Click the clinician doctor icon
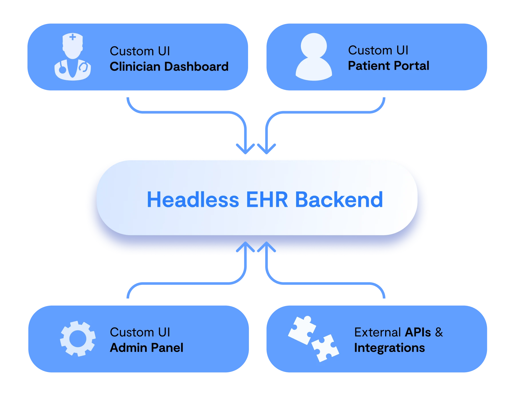(x=73, y=57)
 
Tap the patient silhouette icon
(x=314, y=57)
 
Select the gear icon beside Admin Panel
(x=78, y=339)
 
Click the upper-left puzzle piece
(x=302, y=330)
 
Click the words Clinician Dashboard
(x=169, y=67)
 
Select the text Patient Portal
(x=389, y=66)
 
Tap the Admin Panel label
(x=146, y=348)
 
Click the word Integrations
(x=389, y=348)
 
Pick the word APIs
(x=418, y=332)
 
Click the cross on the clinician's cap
(x=73, y=37)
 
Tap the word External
(x=377, y=332)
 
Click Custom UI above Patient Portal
(x=378, y=50)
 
